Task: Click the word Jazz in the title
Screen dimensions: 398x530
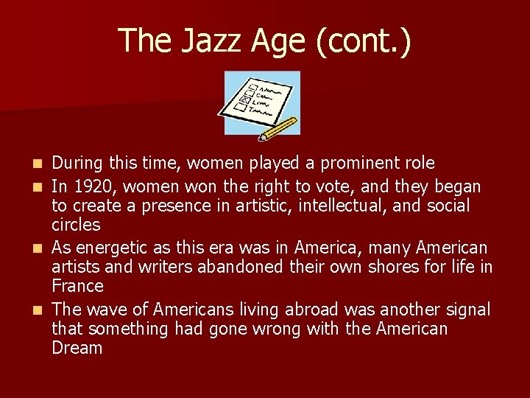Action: point(202,40)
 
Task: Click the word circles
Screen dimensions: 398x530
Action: point(76,224)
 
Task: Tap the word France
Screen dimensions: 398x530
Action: point(77,285)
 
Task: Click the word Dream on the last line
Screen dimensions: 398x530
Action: point(77,348)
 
